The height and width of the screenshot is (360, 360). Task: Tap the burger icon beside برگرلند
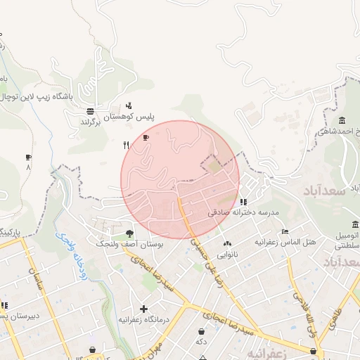[91, 111]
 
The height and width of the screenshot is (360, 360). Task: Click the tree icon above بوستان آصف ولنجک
[129, 233]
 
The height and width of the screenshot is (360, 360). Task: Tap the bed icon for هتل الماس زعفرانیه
[285, 231]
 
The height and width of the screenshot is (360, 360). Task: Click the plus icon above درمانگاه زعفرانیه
[143, 309]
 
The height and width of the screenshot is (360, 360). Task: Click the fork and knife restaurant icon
[126, 146]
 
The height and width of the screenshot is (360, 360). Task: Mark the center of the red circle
[180, 179]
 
